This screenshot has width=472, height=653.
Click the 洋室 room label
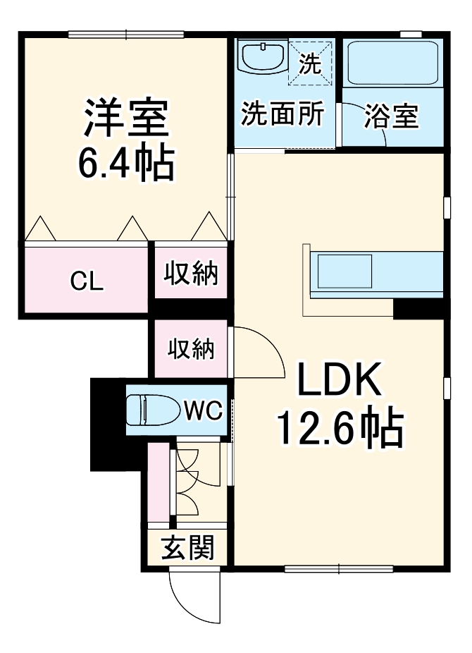click(127, 118)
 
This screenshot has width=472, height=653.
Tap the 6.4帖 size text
click(125, 163)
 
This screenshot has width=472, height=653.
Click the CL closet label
click(87, 281)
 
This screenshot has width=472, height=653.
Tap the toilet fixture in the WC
click(151, 409)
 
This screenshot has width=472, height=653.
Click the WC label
click(204, 409)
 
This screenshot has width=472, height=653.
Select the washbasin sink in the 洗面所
click(262, 56)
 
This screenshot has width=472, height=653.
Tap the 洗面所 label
click(283, 114)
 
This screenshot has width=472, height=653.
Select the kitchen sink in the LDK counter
click(344, 270)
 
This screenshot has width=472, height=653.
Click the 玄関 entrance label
click(188, 547)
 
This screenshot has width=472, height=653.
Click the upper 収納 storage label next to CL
click(191, 274)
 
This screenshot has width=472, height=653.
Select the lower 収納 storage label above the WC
click(191, 348)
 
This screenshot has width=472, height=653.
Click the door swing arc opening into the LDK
click(257, 349)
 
